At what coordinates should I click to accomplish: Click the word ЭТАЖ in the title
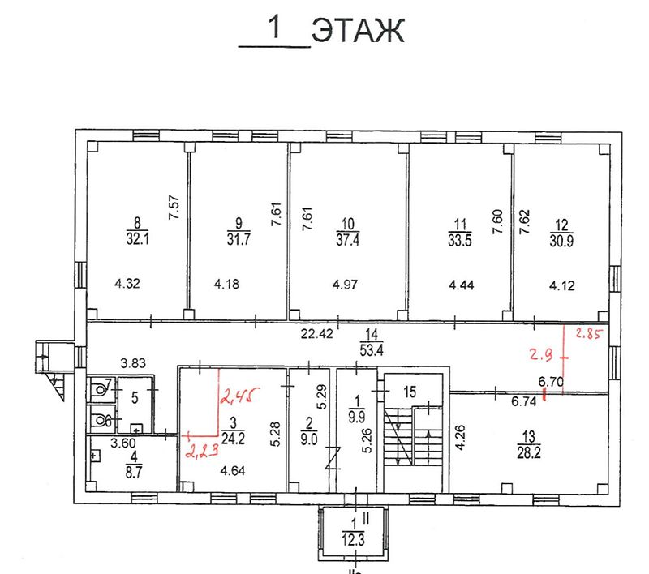click(x=358, y=30)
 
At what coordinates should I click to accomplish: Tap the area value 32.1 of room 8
click(x=137, y=238)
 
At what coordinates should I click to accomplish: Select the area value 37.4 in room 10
click(x=348, y=239)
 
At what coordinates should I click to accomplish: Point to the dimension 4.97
click(x=345, y=285)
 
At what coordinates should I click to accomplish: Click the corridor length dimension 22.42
click(x=316, y=333)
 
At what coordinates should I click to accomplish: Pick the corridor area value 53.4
click(x=372, y=350)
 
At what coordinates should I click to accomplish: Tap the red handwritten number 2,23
click(x=202, y=449)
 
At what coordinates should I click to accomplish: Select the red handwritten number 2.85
click(x=589, y=333)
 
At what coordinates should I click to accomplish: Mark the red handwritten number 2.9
click(x=540, y=354)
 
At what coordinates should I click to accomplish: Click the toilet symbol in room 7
click(x=100, y=389)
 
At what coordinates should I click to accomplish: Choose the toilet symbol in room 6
click(x=100, y=421)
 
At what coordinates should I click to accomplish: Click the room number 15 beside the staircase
click(x=410, y=392)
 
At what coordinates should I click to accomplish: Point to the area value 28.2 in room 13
click(x=529, y=452)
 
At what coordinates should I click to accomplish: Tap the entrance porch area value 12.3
click(x=353, y=540)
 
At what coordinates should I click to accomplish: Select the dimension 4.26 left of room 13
click(x=460, y=437)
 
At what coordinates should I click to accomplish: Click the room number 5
click(x=135, y=398)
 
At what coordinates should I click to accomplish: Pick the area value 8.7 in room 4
click(x=134, y=472)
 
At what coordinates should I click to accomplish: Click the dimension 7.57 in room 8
click(x=174, y=208)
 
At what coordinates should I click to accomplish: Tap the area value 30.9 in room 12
click(x=561, y=240)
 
